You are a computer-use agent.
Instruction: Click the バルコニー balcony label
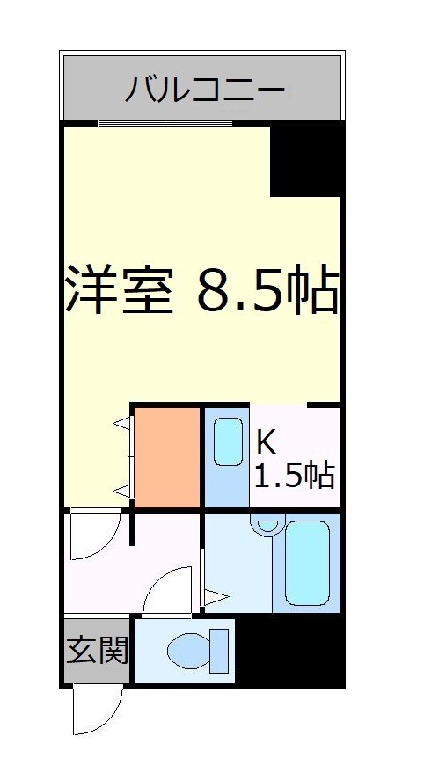203,89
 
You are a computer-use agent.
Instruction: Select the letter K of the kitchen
265,440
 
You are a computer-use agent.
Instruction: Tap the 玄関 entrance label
98,652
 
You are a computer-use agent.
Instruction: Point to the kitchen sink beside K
228,442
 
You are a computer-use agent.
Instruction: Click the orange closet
167,457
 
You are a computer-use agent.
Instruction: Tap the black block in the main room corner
305,158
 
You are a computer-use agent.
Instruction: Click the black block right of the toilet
289,652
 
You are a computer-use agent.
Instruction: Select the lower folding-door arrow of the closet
121,490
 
